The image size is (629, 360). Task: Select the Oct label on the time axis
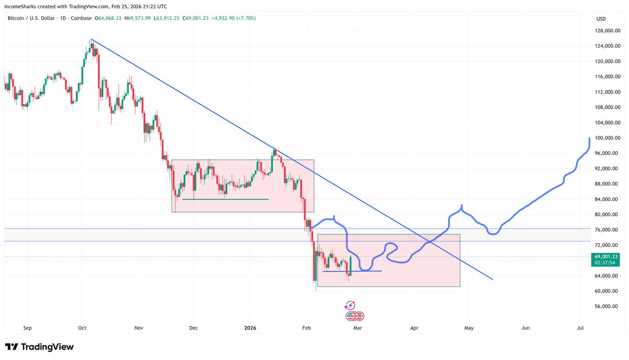[82, 328]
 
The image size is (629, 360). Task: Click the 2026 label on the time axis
[250, 328]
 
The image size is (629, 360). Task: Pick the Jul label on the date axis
[580, 328]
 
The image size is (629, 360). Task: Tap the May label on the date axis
[469, 328]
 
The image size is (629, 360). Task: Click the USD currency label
[601, 19]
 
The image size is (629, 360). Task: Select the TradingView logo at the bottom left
[39, 347]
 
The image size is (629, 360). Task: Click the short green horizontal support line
[225, 199]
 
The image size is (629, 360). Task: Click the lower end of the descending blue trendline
[493, 279]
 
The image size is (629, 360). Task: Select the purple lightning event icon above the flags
[350, 306]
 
